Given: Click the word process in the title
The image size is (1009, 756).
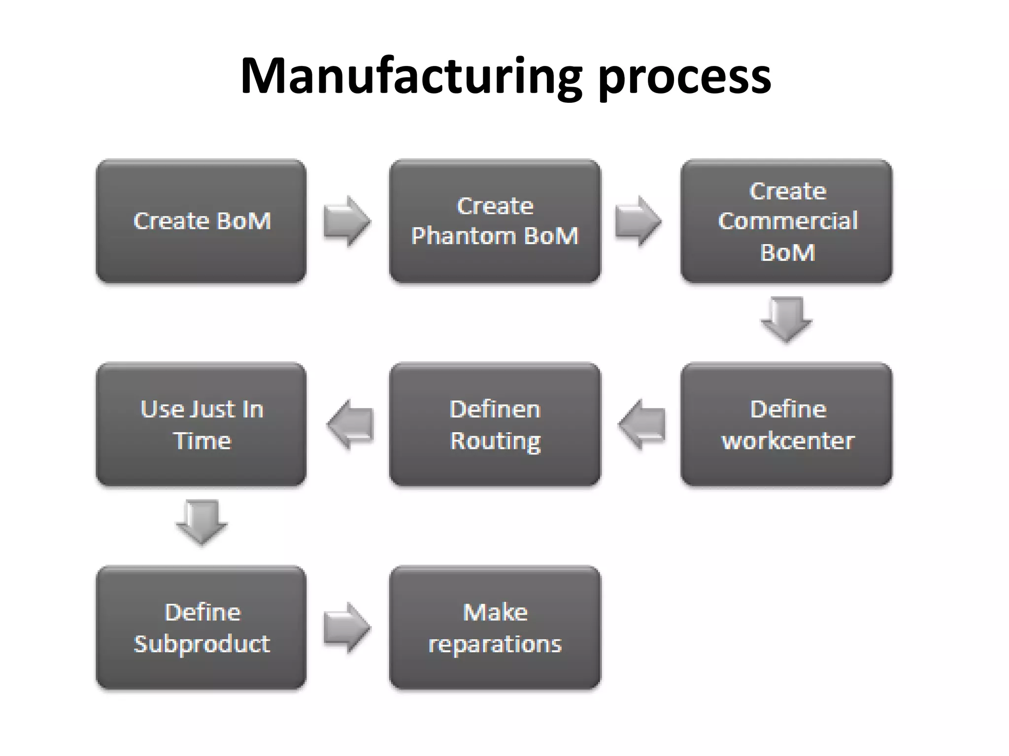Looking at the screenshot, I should tap(685, 79).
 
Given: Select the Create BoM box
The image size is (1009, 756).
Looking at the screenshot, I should tap(201, 221).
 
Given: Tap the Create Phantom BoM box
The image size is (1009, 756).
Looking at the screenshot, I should tap(495, 221).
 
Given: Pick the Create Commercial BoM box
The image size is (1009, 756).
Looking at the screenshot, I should tap(787, 221).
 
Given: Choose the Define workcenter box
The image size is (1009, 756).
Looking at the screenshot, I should tap(787, 425).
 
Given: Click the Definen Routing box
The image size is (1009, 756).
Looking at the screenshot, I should tap(495, 425).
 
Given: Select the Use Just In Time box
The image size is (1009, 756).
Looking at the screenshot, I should tap(201, 425).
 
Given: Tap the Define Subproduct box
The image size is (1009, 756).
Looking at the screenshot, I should tap(201, 628).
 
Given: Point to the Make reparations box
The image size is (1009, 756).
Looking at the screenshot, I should tap(495, 628).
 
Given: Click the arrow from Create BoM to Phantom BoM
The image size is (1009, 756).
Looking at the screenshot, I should tap(347, 221).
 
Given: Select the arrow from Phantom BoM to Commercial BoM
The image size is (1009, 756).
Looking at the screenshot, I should tap(638, 221).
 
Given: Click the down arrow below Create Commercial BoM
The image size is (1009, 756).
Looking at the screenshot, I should tap(787, 319).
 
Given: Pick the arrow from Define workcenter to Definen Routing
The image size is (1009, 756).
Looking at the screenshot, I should tap(641, 424).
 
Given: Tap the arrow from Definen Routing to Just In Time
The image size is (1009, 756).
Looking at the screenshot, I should tap(350, 424).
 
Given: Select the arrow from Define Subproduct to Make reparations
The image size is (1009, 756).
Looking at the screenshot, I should tap(347, 628).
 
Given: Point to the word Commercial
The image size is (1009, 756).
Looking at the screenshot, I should tap(788, 221).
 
